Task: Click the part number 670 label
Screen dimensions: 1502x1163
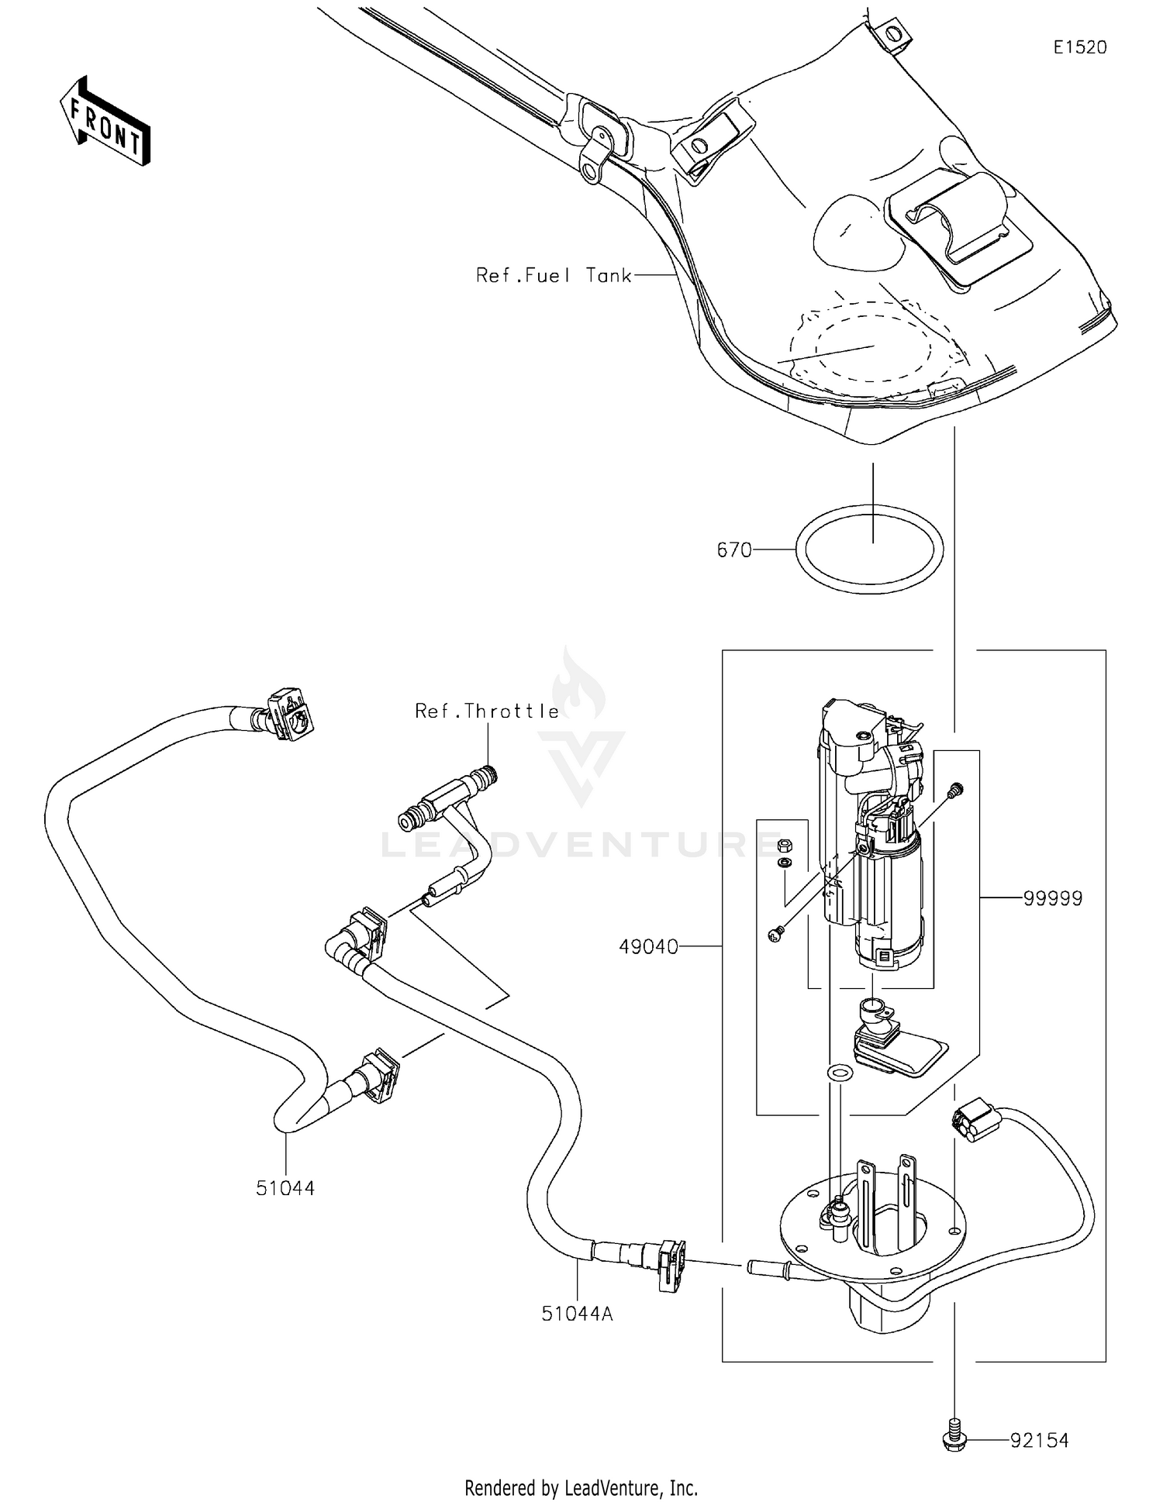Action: tap(734, 550)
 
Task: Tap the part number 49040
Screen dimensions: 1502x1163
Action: tap(648, 946)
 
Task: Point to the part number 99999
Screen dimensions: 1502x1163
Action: tap(1052, 898)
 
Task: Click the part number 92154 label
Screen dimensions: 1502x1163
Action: tap(1039, 1440)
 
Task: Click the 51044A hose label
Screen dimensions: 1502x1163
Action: tap(577, 1313)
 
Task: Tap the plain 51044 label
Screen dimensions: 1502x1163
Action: tap(285, 1188)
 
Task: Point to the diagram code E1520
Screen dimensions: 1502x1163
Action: tap(1079, 47)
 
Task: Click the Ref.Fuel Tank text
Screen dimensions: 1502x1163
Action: tap(554, 275)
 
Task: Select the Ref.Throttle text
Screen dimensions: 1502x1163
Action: tap(487, 711)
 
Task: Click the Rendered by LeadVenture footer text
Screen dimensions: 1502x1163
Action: tap(581, 1487)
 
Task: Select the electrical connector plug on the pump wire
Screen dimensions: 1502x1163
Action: tap(971, 1119)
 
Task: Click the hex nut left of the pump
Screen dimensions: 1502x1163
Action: tap(784, 843)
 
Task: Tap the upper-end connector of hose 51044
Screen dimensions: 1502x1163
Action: tap(288, 713)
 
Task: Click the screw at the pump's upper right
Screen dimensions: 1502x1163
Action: tap(955, 790)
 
